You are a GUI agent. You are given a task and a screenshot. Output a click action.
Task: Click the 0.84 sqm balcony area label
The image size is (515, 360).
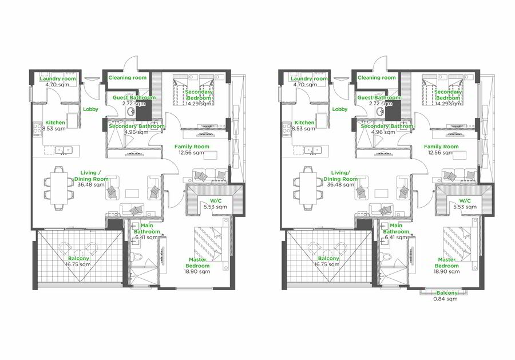pyautogui.click(x=445, y=299)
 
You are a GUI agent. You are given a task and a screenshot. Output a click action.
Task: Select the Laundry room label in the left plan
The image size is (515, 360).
pyautogui.click(x=57, y=79)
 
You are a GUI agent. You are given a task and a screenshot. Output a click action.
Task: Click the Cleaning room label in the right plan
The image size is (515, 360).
pyautogui.click(x=377, y=78)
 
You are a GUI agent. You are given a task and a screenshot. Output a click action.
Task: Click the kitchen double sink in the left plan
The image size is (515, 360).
pyautogui.click(x=64, y=150)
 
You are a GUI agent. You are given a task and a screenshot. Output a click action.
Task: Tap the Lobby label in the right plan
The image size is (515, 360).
pyautogui.click(x=339, y=109)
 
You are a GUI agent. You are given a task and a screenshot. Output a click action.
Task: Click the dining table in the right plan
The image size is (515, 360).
pyautogui.click(x=308, y=188)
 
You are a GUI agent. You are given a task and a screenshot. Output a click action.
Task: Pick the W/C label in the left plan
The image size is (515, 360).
pyautogui.click(x=216, y=201)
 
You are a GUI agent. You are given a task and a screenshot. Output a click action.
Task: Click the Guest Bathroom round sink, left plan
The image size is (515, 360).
pyautogui.click(x=131, y=112)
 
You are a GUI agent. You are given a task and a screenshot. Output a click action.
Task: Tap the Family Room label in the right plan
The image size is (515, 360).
pyautogui.click(x=441, y=147)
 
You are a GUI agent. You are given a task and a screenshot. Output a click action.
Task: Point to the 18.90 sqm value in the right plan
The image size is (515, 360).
pyautogui.click(x=446, y=272)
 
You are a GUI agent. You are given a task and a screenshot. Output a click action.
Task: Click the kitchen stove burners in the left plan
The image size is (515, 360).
pyautogui.click(x=37, y=128)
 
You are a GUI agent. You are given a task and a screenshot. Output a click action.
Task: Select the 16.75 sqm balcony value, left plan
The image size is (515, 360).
pyautogui.click(x=78, y=264)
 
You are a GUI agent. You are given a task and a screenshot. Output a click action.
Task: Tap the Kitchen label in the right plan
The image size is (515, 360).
pyautogui.click(x=304, y=122)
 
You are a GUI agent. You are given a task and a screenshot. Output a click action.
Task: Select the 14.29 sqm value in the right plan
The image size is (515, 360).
pyautogui.click(x=447, y=104)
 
